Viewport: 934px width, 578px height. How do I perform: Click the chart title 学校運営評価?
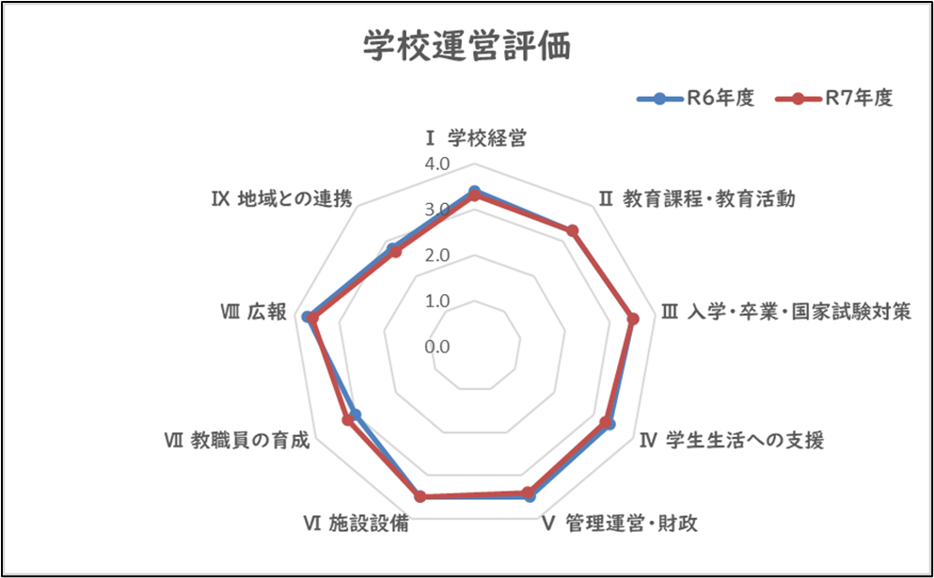point(467,47)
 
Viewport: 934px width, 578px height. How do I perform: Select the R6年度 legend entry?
point(696,99)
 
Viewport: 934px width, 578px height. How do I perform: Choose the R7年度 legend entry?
point(834,99)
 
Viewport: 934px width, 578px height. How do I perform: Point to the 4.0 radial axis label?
point(437,164)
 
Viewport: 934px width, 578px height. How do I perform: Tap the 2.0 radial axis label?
point(437,256)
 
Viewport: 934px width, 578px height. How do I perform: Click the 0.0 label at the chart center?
point(437,347)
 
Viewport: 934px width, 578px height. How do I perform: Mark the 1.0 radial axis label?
point(437,301)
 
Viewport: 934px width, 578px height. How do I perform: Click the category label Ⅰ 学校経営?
point(475,139)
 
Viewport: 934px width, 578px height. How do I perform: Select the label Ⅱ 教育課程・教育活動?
point(696,198)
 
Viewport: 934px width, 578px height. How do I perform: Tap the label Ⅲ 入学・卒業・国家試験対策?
point(786,311)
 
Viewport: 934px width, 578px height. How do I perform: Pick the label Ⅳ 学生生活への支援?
point(732,440)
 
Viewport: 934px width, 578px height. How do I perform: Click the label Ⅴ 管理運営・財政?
point(620,523)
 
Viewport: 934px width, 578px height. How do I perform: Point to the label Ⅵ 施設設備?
point(356,523)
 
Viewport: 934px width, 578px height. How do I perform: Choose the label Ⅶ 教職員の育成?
point(237,440)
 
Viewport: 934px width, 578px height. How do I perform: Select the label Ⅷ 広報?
point(253,311)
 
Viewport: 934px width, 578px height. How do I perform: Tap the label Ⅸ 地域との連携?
point(282,198)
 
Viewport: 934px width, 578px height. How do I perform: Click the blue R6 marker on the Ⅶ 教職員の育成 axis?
point(356,414)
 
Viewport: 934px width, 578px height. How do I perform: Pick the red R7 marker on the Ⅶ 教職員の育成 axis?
point(348,420)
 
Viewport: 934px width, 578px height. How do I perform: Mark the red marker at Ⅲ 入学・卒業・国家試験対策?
point(633,319)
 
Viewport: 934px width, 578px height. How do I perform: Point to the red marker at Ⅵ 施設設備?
point(420,496)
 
